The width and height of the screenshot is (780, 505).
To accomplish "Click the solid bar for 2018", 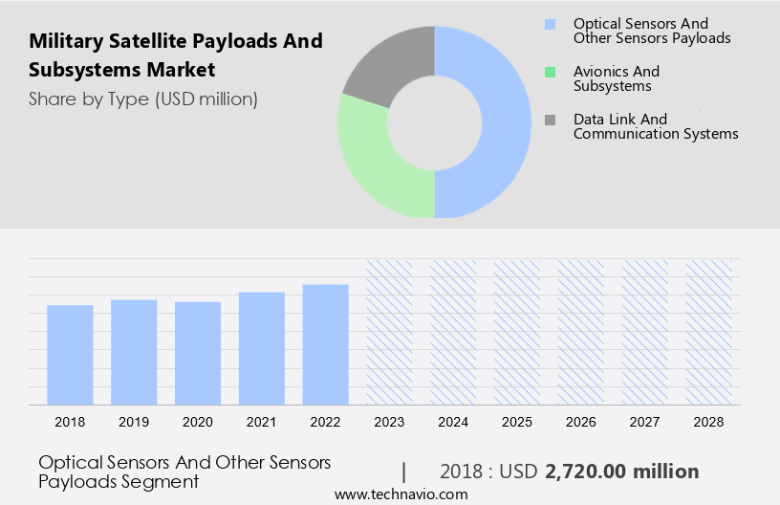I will tap(70, 354).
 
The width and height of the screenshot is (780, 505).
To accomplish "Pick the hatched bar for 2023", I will tap(390, 331).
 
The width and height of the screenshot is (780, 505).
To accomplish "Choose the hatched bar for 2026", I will tap(581, 331).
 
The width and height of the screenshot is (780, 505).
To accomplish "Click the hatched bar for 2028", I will tap(709, 331).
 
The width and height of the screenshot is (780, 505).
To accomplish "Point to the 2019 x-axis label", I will tap(134, 421).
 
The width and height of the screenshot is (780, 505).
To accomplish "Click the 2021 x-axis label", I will tap(262, 421).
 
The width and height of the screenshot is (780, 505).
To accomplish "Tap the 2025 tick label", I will tap(517, 421).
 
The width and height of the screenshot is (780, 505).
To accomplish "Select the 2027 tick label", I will tap(645, 421).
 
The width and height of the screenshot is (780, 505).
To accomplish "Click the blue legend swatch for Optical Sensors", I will tap(550, 24).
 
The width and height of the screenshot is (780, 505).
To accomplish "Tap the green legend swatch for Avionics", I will tap(550, 72).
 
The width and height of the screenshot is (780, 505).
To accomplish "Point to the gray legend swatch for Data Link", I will tap(550, 120).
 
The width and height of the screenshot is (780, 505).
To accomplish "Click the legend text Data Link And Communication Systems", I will tap(655, 126).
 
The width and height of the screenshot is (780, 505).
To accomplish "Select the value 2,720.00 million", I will tap(621, 472).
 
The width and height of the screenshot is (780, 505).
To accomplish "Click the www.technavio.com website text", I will tap(401, 494).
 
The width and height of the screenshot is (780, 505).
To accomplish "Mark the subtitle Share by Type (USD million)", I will tap(142, 99).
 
